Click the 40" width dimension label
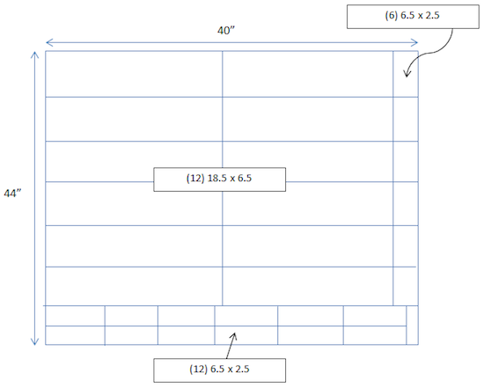click(226, 31)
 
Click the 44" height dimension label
click(12, 194)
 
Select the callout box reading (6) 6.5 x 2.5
click(413, 17)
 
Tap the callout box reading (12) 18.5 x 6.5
click(219, 179)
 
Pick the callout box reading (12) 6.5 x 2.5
click(219, 370)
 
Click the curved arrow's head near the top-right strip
click(407, 74)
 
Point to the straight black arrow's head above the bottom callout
click(234, 336)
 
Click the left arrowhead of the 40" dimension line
click(48, 42)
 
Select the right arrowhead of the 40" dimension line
click(415, 42)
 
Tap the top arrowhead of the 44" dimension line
click(34, 55)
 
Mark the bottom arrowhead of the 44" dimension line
click(34, 341)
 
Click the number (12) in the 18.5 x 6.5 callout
click(195, 179)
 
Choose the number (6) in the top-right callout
click(391, 16)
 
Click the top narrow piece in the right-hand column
click(406, 74)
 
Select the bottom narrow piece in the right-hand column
click(406, 286)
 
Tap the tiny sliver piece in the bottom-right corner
click(413, 325)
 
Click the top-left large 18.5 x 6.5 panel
click(134, 74)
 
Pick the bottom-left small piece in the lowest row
click(75, 335)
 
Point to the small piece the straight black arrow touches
click(246, 335)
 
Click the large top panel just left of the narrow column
click(308, 74)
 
